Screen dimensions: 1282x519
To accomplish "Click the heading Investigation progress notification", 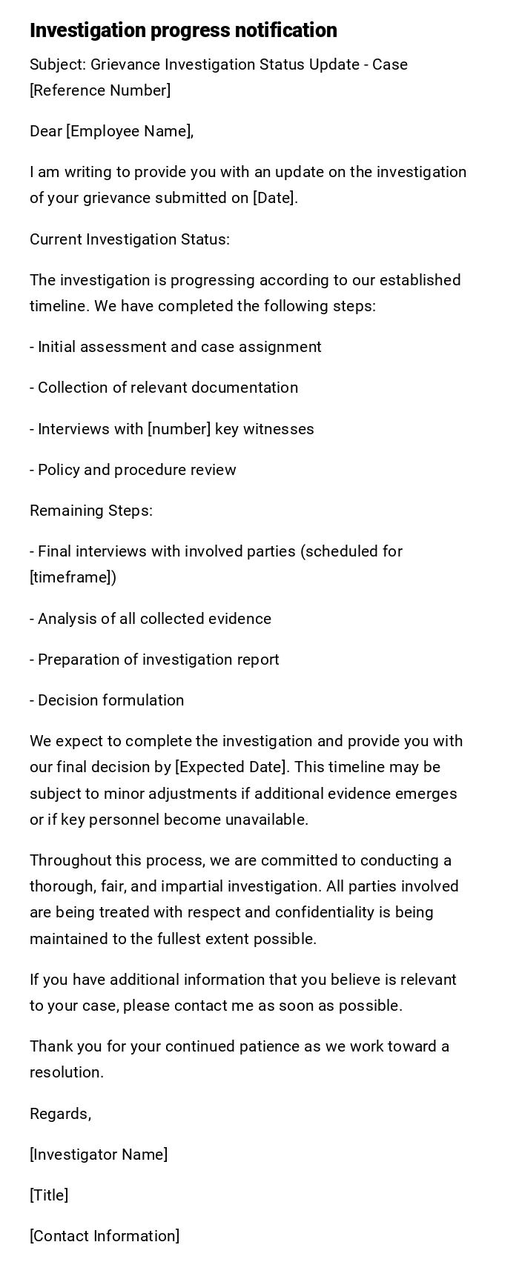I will (183, 30).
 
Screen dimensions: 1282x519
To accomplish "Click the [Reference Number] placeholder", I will (100, 90).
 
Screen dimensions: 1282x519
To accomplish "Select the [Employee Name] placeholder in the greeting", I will (129, 131).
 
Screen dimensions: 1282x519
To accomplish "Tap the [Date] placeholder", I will (274, 198).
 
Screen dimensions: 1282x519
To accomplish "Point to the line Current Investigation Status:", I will (130, 239).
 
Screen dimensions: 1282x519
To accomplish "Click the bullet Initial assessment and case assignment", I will (176, 347).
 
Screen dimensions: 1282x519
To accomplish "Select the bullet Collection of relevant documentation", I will (164, 388).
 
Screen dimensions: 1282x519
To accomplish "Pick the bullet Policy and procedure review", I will (133, 470).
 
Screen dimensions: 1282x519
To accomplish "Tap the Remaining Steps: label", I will (91, 511).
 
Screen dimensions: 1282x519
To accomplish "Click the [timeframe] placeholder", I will (71, 577).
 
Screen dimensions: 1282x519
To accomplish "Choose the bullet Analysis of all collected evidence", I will (151, 619).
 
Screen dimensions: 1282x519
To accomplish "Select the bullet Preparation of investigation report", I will (154, 660).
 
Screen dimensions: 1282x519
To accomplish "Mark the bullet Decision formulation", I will (108, 700).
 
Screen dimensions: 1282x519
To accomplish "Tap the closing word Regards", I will (60, 1114).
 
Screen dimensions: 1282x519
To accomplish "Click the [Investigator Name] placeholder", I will (99, 1155).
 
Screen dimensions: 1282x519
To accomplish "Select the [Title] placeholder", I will (49, 1195).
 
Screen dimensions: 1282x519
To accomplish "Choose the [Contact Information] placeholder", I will (105, 1236).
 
